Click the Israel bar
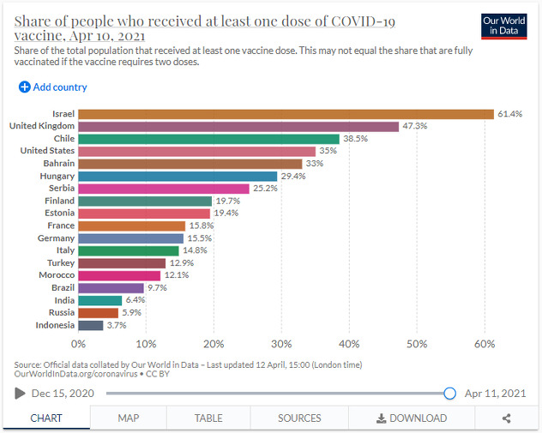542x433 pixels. [x=286, y=114]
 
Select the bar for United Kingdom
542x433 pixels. [x=238, y=126]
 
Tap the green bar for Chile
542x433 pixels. [x=208, y=139]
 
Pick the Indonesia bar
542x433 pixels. [x=90, y=325]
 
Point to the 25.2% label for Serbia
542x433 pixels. [x=265, y=189]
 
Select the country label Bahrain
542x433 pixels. [x=58, y=163]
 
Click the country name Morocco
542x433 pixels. [x=56, y=275]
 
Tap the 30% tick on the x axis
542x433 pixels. [x=281, y=344]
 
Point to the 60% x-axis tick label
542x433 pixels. [x=485, y=344]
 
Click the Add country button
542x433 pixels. [x=53, y=87]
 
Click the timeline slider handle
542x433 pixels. [x=449, y=394]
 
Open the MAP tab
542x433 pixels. [x=129, y=418]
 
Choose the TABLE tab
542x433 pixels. [x=208, y=418]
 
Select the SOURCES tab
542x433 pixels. [x=299, y=418]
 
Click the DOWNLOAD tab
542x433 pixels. [x=411, y=418]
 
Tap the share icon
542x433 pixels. [x=506, y=418]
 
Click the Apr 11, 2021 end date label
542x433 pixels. [x=495, y=394]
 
